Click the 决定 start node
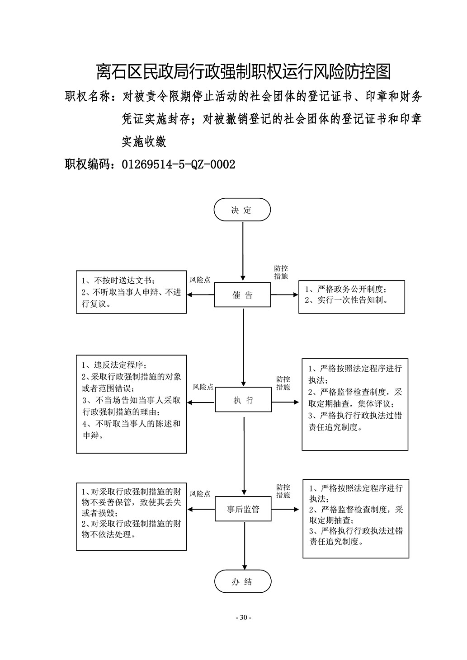tap(242, 210)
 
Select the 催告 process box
tap(242, 295)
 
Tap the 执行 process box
tap(243, 400)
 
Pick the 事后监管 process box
tap(243, 509)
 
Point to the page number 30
tap(243, 617)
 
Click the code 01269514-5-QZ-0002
tap(179, 164)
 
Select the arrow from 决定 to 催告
tap(243, 251)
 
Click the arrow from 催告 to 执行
tap(244, 347)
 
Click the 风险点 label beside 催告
tap(200, 280)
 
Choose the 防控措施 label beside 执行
tap(283, 383)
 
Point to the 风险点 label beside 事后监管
tap(200, 493)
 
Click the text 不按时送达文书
tap(123, 280)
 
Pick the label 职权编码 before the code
tap(87, 164)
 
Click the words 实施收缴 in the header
tap(144, 141)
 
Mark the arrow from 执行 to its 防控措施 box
tap(285, 402)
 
